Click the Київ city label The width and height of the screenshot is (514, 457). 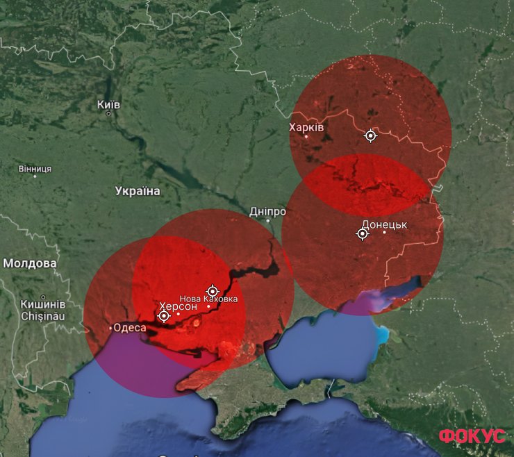(108, 104)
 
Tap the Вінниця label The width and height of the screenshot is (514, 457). (35, 169)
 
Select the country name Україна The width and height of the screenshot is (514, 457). (138, 191)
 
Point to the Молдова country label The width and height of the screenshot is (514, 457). (30, 263)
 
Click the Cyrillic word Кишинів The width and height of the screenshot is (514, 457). (42, 304)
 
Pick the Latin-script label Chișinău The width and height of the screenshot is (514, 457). (42, 316)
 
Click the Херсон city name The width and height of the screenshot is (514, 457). (178, 306)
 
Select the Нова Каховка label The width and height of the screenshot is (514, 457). (208, 299)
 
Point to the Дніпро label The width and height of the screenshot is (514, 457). (268, 211)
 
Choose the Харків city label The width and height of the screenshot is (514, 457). (306, 128)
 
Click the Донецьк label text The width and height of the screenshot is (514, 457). (384, 224)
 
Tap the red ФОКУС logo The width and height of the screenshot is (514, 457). (472, 436)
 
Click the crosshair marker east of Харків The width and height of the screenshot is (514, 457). (371, 135)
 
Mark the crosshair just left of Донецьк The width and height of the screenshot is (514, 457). (363, 234)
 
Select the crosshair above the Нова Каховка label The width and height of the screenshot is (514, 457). (213, 290)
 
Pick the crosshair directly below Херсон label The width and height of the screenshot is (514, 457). (164, 316)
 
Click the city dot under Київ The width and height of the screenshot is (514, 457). (108, 113)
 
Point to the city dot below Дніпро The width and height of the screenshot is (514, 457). (268, 220)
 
